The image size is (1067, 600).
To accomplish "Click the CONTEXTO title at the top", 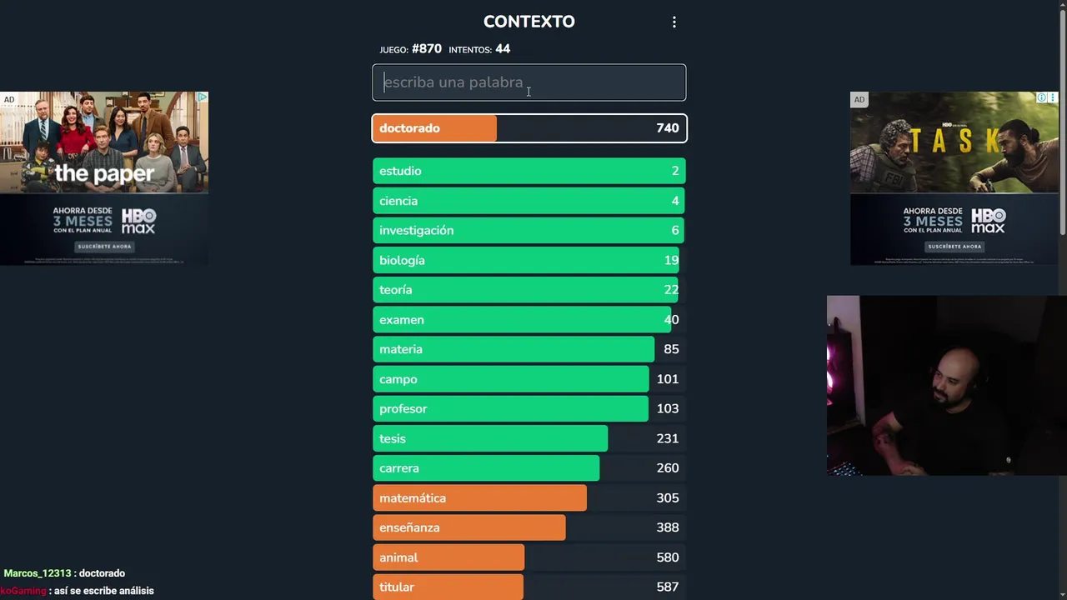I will pos(528,22).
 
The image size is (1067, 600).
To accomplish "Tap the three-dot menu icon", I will pos(674,22).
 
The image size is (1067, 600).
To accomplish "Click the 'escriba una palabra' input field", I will pos(528,82).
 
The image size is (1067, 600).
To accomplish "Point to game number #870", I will pos(426,49).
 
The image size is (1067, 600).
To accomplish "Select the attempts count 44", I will pos(503,49).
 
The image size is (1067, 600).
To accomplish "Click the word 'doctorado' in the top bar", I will pos(409,128).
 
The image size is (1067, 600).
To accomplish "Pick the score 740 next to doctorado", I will pos(667,128).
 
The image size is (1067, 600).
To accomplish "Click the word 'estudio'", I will pos(400,171).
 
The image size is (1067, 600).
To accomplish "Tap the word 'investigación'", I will pos(416,231).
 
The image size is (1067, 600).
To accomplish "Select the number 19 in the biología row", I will pos(671,260).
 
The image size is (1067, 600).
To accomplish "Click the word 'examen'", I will pos(401,320).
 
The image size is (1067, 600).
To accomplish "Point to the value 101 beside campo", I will pos(667,379).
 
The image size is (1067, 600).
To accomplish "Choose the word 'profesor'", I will pos(403,409).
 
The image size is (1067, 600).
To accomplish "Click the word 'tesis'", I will pos(392,438).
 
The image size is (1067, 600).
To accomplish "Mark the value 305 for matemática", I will pos(667,498).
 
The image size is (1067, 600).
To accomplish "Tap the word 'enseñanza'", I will pos(409,527).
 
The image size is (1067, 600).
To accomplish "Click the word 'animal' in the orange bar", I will pos(398,557).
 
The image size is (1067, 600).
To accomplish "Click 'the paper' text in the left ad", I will pos(104,173).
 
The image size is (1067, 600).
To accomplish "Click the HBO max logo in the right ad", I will pos(988,221).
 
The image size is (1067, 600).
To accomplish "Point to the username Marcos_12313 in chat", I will pos(37,573).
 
